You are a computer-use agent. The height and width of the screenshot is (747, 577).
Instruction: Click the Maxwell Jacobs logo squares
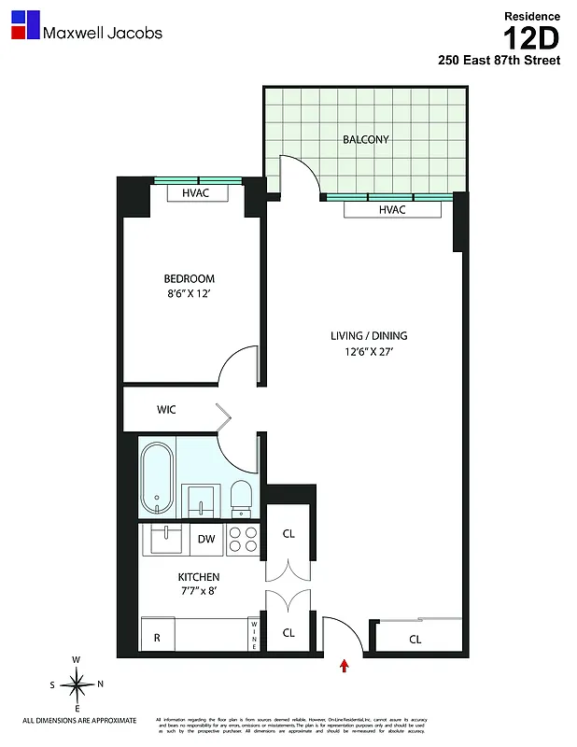pos(25,25)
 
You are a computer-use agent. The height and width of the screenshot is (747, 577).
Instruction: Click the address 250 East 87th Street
pos(500,61)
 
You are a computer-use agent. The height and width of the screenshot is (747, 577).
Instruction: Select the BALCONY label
pos(365,139)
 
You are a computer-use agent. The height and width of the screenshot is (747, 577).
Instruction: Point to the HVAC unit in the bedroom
pos(195,193)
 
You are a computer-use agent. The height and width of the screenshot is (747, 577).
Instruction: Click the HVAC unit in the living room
pos(392,210)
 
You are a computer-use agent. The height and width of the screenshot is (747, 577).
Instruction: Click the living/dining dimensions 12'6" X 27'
pos(369,353)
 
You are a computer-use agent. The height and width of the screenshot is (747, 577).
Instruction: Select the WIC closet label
pos(166,409)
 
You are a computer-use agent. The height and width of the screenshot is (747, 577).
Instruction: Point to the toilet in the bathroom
pos(241,497)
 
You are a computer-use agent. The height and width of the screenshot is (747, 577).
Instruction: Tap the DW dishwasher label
pos(206,539)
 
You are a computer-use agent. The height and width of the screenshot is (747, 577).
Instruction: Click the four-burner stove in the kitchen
pos(244,540)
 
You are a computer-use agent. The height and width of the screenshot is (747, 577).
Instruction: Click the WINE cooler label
pos(253,636)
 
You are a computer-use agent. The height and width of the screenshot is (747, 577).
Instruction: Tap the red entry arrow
pos(345,666)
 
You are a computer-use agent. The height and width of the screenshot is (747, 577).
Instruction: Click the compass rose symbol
pos(78,684)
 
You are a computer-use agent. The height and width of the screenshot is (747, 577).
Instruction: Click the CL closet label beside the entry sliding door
pos(415,640)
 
